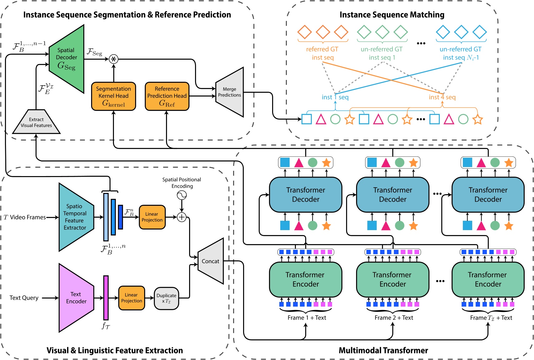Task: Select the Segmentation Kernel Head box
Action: (114, 96)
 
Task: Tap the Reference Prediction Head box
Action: (167, 96)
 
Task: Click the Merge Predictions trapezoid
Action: (230, 92)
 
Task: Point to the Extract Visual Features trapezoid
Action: (36, 122)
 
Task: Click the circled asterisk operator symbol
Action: (114, 59)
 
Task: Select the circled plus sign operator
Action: (182, 217)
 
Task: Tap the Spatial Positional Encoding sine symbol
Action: (182, 195)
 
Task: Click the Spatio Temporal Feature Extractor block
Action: (75, 217)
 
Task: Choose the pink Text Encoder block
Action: (76, 298)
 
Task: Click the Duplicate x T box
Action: (166, 298)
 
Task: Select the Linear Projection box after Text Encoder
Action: (131, 298)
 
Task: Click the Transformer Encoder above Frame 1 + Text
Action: (306, 279)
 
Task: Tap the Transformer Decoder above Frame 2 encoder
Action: (393, 195)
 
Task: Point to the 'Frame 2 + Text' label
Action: (394, 318)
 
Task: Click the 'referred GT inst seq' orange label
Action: (322, 53)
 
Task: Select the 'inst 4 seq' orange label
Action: (442, 97)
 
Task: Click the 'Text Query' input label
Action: (24, 298)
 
